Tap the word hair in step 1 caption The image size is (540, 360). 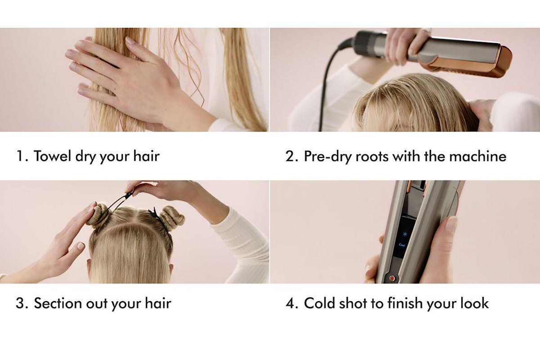click(146, 156)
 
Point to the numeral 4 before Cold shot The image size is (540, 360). click(290, 303)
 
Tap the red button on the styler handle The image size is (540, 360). click(392, 278)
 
